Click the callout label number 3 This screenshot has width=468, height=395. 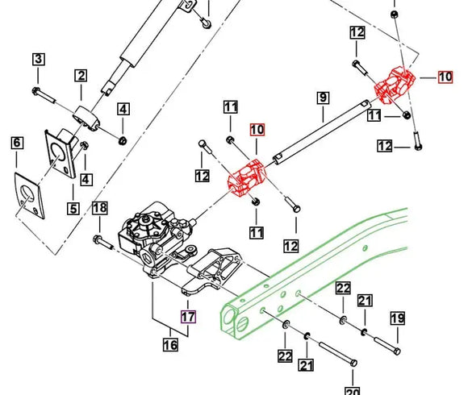[38, 59]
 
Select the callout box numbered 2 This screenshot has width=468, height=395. [81, 76]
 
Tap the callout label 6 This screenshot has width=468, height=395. [16, 143]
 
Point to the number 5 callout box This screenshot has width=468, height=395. [73, 209]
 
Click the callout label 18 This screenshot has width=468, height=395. [99, 208]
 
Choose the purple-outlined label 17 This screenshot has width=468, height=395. [187, 316]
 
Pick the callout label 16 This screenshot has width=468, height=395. [170, 346]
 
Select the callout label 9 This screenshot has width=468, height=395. [322, 98]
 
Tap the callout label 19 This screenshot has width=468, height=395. [397, 318]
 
